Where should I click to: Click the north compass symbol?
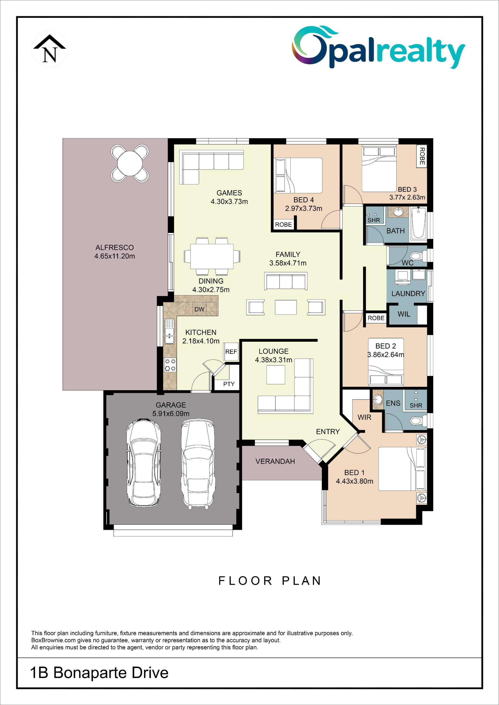[49, 49]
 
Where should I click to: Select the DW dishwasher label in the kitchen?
[199, 309]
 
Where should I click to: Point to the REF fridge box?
[231, 352]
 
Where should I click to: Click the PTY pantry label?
[229, 384]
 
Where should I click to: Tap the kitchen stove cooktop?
[170, 365]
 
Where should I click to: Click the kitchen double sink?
[169, 332]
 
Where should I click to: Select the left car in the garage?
[144, 463]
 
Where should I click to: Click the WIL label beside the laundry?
[404, 314]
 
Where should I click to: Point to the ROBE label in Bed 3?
[422, 156]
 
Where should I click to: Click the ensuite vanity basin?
[378, 399]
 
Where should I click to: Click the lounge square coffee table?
[275, 375]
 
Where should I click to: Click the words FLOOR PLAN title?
[270, 581]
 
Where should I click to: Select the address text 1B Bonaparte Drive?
[99, 673]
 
